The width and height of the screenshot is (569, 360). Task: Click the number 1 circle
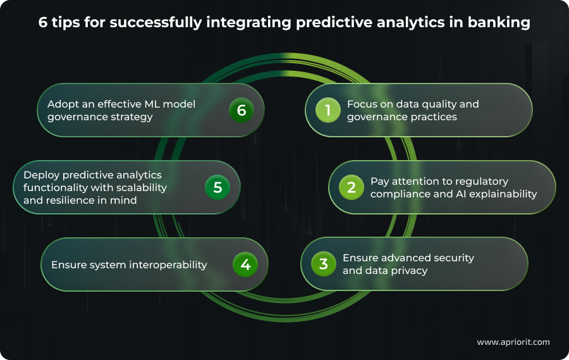point(328,111)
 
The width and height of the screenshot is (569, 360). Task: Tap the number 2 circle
point(351,187)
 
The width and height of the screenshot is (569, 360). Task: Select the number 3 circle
point(323,264)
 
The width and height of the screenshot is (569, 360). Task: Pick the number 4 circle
point(245,264)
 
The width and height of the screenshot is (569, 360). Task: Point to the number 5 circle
point(217,187)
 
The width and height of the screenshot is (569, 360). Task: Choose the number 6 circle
point(241,111)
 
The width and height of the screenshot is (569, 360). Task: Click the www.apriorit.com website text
point(513,342)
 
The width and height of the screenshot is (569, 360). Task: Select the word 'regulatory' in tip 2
point(482,181)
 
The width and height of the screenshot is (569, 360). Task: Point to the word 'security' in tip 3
point(452,258)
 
